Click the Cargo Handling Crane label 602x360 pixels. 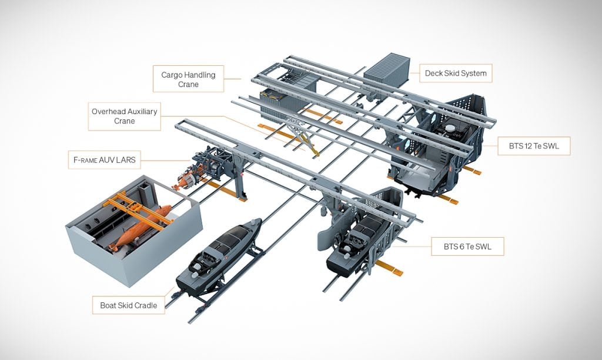tap(188, 79)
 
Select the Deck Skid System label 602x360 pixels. tap(456, 74)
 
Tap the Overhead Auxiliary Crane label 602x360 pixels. tap(124, 116)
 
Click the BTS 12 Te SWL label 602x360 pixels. tap(534, 144)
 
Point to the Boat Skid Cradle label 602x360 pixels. tap(128, 305)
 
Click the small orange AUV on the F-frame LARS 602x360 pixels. tap(187, 179)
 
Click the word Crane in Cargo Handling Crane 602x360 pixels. tap(189, 85)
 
